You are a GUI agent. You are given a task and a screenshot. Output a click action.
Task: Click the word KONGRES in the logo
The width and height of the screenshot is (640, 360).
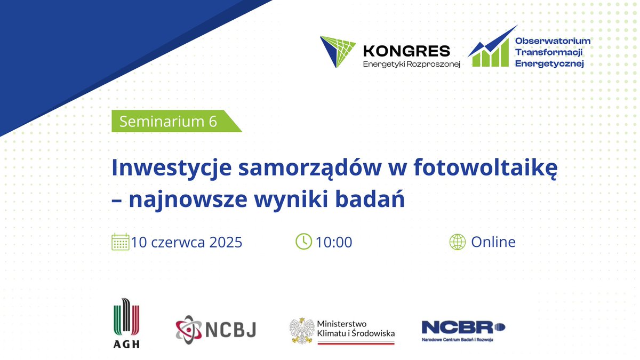coord(406,51)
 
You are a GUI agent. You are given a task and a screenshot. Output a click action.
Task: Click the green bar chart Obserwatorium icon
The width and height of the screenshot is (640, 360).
coord(489,50)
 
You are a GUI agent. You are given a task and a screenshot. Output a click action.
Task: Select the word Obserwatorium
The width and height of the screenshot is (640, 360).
coord(553,41)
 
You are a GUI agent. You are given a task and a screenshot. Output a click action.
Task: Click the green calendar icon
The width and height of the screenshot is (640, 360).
coord(121,242)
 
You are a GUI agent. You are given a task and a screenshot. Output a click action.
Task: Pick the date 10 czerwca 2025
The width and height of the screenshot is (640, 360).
coord(187,242)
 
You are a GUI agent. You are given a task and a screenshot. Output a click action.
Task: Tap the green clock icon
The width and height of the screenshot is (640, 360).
coord(303,242)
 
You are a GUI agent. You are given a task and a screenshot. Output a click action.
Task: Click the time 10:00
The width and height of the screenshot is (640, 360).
coord(334,242)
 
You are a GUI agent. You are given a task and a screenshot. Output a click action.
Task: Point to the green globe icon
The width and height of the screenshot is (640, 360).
coord(458,242)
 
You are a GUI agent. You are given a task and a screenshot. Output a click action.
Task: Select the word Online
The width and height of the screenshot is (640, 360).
coord(493,242)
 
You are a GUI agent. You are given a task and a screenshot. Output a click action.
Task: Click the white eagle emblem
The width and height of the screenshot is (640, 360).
coord(301,331)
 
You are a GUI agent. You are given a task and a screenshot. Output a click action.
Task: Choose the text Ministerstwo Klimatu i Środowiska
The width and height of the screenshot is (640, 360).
coord(356,329)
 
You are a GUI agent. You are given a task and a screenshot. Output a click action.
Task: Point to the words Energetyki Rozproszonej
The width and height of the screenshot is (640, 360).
coord(411,63)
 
